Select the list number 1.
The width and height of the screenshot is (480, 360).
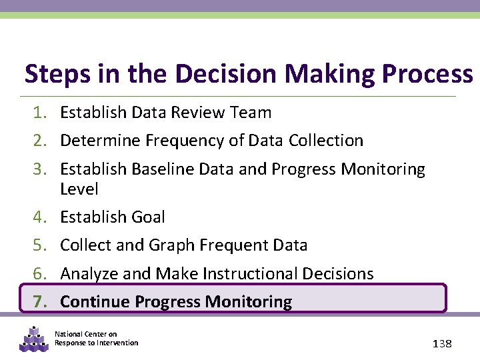pyautogui.click(x=41, y=113)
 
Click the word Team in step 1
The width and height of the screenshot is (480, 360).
pyautogui.click(x=250, y=113)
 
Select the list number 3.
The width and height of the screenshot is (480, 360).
pyautogui.click(x=41, y=169)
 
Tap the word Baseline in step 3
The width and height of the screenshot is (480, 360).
pyautogui.click(x=159, y=169)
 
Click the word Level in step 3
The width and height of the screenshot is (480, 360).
pyautogui.click(x=79, y=189)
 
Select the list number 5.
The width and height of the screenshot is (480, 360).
pyautogui.click(x=41, y=245)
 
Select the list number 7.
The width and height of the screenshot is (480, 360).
pyautogui.click(x=41, y=302)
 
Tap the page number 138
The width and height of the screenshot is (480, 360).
pyautogui.click(x=441, y=343)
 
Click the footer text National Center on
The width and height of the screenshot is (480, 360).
pyautogui.click(x=85, y=334)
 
